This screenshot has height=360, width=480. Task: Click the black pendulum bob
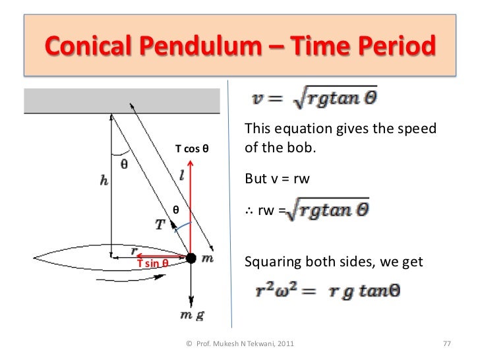point(191,258)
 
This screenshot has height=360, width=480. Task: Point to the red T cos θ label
point(191,148)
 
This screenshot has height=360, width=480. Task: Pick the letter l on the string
point(181,176)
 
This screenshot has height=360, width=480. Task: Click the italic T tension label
point(160,225)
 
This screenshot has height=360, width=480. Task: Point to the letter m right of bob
point(207,258)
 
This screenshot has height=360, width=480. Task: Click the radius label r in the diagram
point(134,250)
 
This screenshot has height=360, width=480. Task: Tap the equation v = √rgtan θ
point(315,100)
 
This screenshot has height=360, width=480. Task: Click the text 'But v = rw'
point(277,179)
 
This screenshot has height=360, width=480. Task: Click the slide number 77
point(446,344)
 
